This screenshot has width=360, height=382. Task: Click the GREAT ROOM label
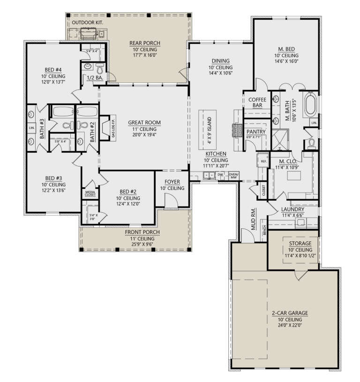pos(144,123)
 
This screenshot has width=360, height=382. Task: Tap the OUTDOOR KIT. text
pos(87,22)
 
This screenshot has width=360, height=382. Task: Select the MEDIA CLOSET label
pos(90,193)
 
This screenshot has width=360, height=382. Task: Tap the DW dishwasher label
pos(220,175)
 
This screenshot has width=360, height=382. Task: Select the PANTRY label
pos(256,132)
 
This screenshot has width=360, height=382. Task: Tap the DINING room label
pos(219,60)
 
